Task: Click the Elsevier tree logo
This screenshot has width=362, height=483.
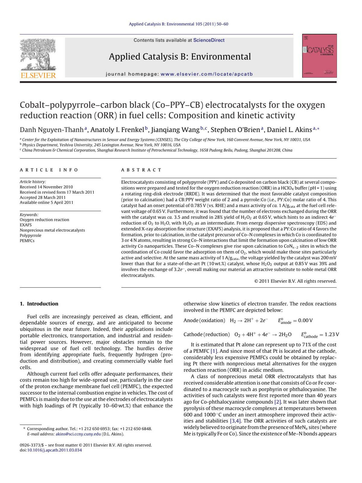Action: pyautogui.click(x=38, y=56)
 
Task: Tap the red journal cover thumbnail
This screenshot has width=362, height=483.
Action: pyautogui.click(x=319, y=56)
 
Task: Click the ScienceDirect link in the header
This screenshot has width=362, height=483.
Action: pyautogui.click(x=209, y=40)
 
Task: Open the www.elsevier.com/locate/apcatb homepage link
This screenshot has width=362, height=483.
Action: pyautogui.click(x=207, y=74)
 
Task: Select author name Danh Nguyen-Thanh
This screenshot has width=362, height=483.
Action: pyautogui.click(x=52, y=130)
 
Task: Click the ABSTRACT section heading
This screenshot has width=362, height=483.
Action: pyautogui.click(x=141, y=170)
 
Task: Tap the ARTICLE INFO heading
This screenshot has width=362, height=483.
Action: pyautogui.click(x=49, y=170)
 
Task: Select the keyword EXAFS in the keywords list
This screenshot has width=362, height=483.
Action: pyautogui.click(x=26, y=225)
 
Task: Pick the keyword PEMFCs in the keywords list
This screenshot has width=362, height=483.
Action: pyautogui.click(x=27, y=241)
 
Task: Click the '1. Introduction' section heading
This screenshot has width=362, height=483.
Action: pyautogui.click(x=39, y=304)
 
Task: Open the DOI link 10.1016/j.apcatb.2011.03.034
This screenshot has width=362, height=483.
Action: pyautogui.click(x=54, y=450)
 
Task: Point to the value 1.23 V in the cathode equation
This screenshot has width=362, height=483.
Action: pyautogui.click(x=332, y=334)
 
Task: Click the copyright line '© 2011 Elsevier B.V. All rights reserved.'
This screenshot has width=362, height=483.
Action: pyautogui.click(x=295, y=281)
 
